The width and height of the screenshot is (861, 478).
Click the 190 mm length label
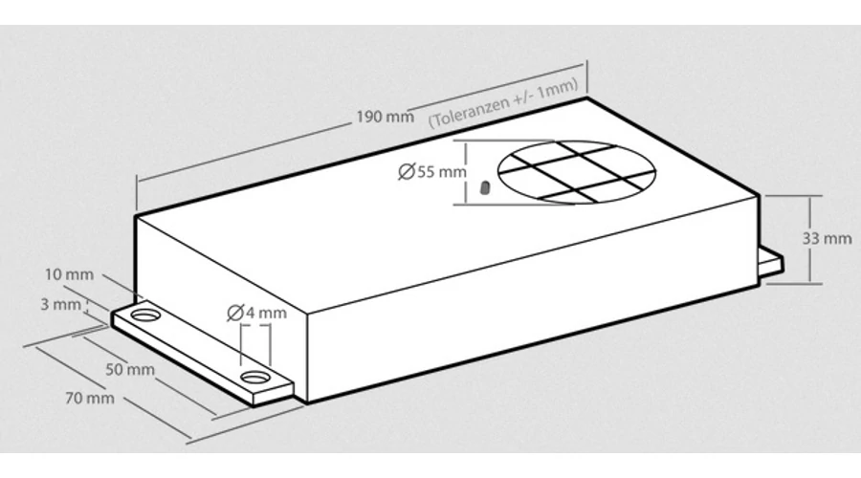385,117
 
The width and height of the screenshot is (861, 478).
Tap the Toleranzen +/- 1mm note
503,102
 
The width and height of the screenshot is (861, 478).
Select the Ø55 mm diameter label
432,172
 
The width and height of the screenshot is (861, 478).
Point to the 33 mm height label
827,239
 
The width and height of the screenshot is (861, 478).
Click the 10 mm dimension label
69,274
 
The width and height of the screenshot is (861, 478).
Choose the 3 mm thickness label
60,304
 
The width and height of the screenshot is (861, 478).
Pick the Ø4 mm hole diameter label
257,313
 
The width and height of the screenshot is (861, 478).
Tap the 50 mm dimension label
130,369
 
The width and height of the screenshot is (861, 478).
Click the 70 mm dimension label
90,398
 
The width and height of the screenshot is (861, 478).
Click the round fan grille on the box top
577,172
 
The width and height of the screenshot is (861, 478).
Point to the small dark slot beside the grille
484,187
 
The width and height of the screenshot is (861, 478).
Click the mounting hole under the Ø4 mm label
254,378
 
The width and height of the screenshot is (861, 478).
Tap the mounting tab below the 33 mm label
771,262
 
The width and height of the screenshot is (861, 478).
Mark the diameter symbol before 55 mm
407,172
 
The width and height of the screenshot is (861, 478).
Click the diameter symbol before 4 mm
235,313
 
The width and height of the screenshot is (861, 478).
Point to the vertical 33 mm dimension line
810,240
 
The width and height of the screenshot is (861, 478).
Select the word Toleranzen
458,114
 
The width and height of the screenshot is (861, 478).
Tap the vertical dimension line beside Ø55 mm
466,173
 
